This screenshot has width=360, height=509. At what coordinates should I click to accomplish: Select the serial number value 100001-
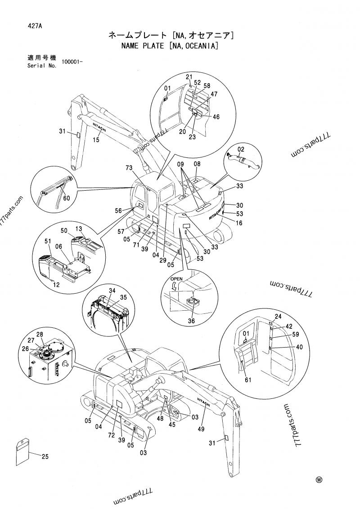click(x=72, y=62)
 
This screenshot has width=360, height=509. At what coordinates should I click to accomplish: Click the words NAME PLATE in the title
click(x=141, y=45)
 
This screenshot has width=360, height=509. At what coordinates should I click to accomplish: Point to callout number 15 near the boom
click(x=96, y=140)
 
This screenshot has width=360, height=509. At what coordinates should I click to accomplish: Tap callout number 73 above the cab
click(x=129, y=168)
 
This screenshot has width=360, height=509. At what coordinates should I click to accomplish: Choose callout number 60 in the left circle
click(x=66, y=198)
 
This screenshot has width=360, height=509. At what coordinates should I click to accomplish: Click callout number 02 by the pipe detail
click(x=241, y=149)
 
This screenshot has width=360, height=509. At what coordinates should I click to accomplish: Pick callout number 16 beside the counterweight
click(x=239, y=223)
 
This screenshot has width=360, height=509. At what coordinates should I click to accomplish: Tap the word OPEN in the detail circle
click(x=176, y=279)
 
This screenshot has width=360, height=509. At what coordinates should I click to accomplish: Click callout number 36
click(x=191, y=321)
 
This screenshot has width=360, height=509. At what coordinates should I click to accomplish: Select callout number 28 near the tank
click(x=40, y=334)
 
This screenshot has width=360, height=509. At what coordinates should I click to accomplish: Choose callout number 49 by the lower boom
click(x=201, y=429)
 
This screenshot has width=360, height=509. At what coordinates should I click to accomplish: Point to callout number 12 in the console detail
click(x=56, y=285)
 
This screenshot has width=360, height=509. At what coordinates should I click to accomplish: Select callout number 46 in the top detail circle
click(x=216, y=117)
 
